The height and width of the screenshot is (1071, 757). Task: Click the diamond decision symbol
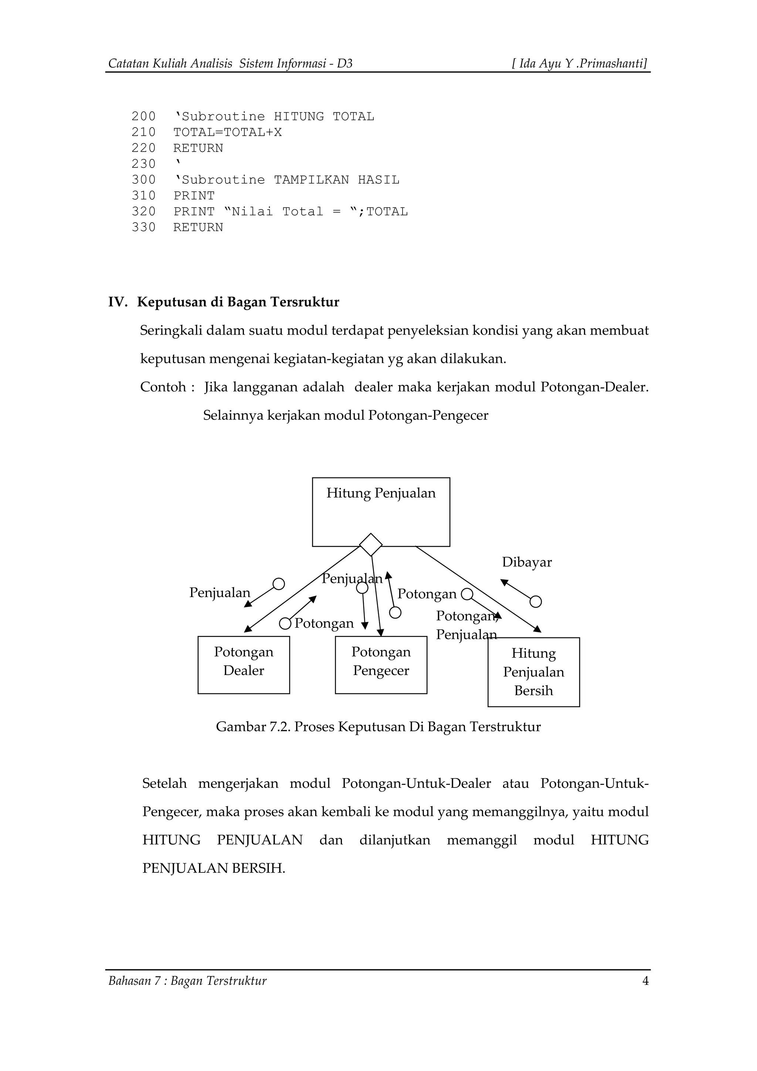(371, 545)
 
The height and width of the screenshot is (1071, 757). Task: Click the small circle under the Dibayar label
(536, 602)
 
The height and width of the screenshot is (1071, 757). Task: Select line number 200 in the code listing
(143, 116)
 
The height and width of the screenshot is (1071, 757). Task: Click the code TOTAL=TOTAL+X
(227, 132)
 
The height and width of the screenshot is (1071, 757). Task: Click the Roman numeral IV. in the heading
(118, 302)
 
